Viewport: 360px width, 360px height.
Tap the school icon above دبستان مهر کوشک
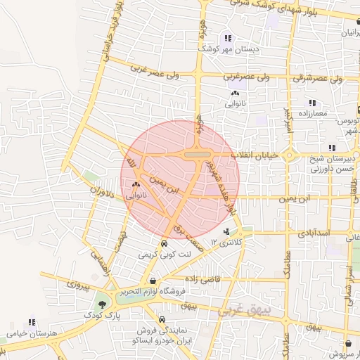(227, 39)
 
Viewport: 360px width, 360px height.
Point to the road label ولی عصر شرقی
(319, 79)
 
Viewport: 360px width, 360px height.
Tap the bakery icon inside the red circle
(136, 185)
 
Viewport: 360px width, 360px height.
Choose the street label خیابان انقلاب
(261, 155)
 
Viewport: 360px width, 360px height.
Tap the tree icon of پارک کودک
(103, 304)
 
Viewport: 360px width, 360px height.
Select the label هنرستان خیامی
(32, 333)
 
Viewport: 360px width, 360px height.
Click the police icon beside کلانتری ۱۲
(226, 231)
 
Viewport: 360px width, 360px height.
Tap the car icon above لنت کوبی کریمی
(164, 243)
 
